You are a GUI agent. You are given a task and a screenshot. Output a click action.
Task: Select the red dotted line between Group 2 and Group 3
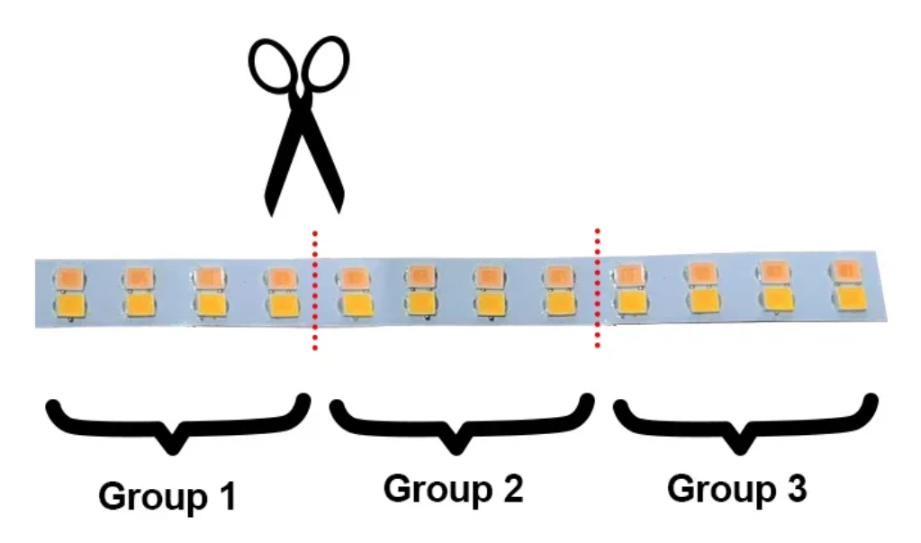pyautogui.click(x=596, y=286)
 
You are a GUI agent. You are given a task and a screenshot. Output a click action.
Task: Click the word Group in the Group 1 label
pyautogui.click(x=149, y=497)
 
